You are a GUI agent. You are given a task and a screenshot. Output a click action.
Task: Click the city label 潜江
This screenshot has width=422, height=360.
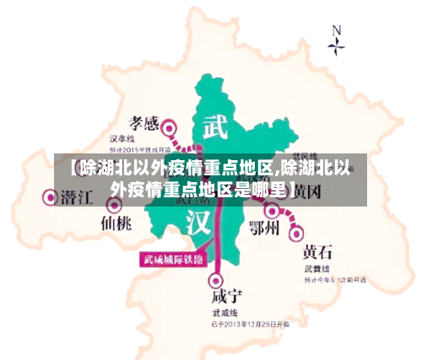point(77,197)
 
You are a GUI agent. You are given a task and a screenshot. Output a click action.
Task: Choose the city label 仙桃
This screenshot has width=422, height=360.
point(116,223)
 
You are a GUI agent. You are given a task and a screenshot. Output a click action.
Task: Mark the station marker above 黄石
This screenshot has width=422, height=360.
point(296,228)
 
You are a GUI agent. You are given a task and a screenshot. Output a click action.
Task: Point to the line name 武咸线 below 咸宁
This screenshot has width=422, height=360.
point(223,311)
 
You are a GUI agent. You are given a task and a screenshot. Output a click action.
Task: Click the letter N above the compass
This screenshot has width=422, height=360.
point(337,30)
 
